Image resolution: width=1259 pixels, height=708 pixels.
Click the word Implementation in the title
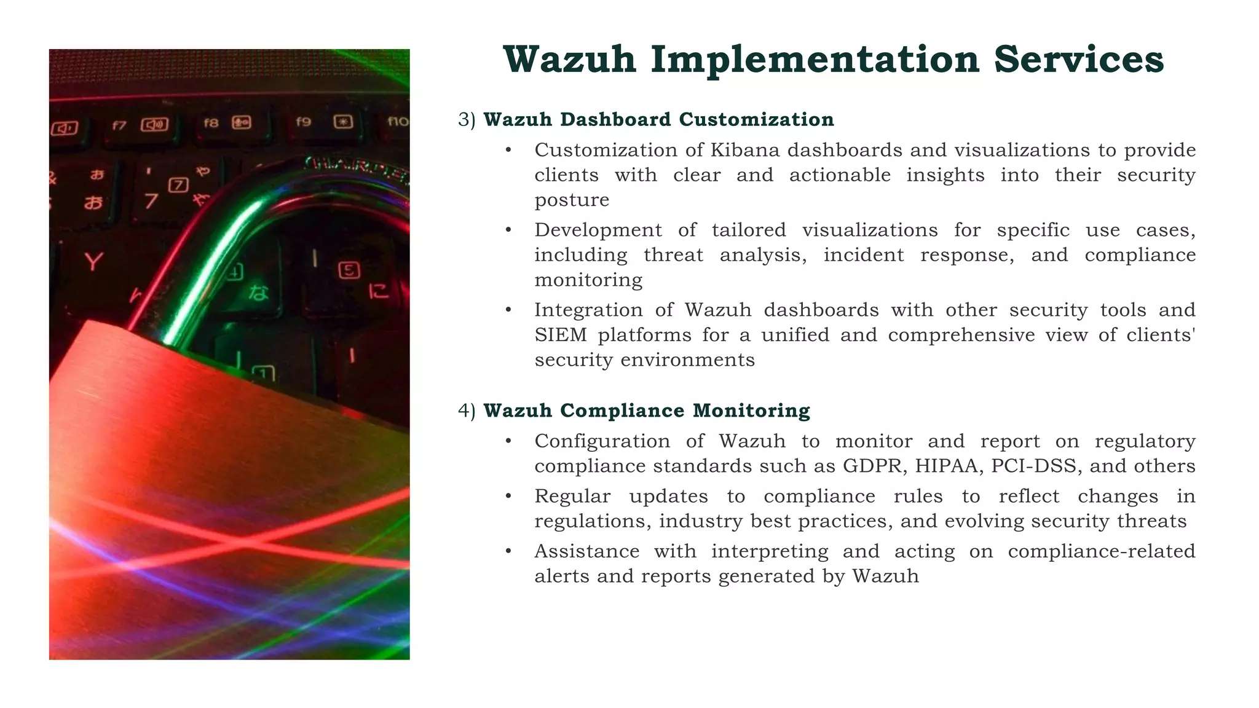[x=815, y=60]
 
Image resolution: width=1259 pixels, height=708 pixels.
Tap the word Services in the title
[x=1079, y=60]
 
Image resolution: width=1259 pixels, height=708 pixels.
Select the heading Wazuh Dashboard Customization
[x=658, y=119]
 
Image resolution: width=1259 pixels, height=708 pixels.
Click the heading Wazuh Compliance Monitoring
[x=647, y=411]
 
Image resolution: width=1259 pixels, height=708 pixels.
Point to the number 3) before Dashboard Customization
[x=467, y=120]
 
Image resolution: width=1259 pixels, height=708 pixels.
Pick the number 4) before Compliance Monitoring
[x=467, y=411]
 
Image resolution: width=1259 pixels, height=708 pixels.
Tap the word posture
[x=572, y=200]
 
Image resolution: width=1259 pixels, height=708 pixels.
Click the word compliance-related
[x=1101, y=551]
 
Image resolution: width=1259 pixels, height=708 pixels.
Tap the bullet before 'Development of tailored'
[x=508, y=230]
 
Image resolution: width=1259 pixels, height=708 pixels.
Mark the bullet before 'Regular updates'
[x=508, y=497]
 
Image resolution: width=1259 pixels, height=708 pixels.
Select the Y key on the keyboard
[x=93, y=262]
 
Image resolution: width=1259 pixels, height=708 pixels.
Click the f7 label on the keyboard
[x=119, y=126]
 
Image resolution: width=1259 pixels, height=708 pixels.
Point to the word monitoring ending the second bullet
[x=588, y=280]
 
